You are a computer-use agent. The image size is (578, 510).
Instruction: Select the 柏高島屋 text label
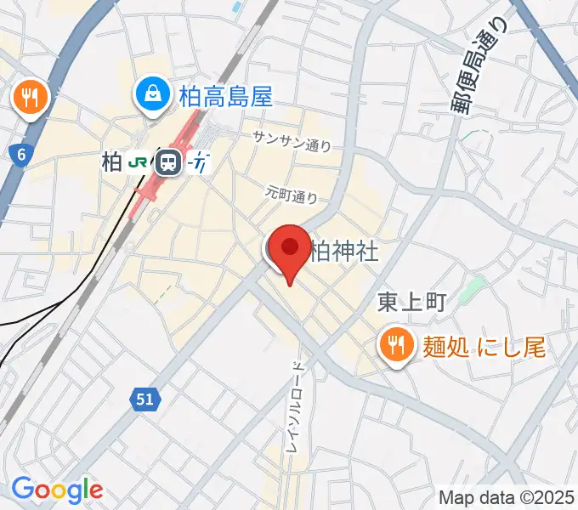click(224, 96)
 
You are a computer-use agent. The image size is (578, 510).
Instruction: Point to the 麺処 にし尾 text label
click(480, 346)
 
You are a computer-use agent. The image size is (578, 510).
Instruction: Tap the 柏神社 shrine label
click(344, 252)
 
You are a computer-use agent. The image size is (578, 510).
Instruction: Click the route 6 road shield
click(19, 155)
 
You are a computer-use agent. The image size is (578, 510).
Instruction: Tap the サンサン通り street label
click(292, 141)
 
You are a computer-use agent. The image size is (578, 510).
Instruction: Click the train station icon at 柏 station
click(170, 161)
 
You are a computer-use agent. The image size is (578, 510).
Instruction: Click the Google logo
click(57, 490)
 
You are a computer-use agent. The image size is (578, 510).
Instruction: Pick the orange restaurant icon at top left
click(31, 97)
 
